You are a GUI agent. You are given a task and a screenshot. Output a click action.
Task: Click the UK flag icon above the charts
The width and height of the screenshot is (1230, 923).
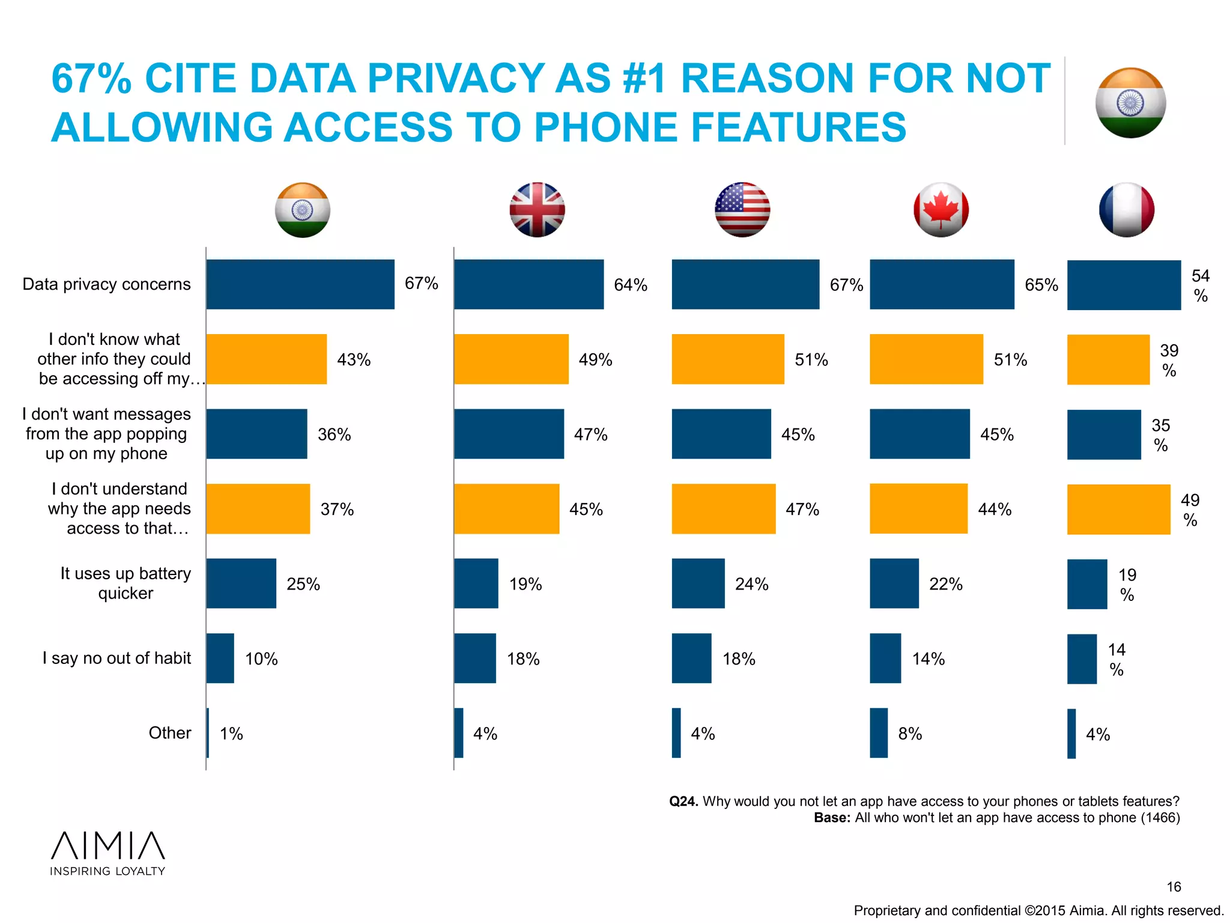tap(537, 210)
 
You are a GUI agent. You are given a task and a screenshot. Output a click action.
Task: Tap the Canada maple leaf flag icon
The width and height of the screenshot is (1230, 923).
tap(941, 210)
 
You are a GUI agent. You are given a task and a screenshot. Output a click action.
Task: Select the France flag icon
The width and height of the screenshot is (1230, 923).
tap(1126, 210)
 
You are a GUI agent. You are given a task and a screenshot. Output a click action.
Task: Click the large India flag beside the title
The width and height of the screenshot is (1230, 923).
tap(1130, 103)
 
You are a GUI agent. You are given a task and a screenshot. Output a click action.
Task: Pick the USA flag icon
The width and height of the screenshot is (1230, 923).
tap(742, 210)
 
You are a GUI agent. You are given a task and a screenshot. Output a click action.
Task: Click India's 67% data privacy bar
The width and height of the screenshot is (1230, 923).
tap(300, 284)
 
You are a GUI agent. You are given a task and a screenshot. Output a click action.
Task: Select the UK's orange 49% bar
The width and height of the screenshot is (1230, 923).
tap(510, 359)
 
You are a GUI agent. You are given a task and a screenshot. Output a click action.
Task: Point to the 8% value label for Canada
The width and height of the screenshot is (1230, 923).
tap(909, 734)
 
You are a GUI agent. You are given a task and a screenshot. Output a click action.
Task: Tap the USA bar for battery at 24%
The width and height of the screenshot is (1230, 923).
tap(698, 583)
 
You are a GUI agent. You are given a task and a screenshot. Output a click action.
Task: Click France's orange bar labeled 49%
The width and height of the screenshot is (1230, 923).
tap(1118, 509)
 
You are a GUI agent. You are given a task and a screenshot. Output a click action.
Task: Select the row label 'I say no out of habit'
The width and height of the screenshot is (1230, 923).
tap(117, 658)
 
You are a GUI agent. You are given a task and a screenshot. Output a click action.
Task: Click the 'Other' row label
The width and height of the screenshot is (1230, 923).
tap(170, 733)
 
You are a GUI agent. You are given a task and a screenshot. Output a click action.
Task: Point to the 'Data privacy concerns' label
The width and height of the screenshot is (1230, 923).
tap(106, 284)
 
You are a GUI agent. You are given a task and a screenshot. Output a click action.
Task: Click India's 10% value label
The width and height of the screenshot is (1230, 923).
tap(261, 659)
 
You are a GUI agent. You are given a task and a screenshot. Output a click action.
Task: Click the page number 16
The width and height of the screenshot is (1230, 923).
tap(1174, 886)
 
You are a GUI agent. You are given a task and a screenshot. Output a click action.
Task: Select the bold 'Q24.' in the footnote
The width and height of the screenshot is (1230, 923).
tap(683, 802)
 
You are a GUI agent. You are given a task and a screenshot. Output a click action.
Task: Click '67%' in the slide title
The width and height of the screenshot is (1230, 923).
tap(91, 79)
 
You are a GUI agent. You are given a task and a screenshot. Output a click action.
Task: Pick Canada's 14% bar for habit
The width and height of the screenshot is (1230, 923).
tap(885, 658)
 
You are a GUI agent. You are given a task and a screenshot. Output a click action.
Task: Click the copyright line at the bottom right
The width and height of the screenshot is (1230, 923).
tap(1038, 910)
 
